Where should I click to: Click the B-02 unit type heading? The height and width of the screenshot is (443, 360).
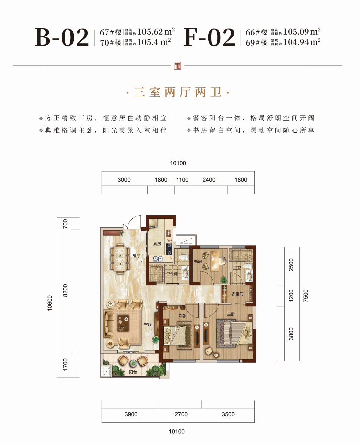coord(61,38)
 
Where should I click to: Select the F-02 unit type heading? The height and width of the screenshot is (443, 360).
coord(209,38)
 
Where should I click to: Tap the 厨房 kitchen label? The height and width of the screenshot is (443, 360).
coord(157,244)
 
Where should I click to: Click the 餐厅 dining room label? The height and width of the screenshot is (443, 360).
coord(136,256)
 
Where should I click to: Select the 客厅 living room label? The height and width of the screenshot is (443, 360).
coord(148,325)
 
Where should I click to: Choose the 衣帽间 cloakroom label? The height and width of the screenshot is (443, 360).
coord(237,294)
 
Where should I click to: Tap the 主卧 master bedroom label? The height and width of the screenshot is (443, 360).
coord(231,314)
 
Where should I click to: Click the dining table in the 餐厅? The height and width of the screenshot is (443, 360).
coord(120,258)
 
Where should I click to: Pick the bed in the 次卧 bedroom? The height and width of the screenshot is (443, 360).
coord(181,335)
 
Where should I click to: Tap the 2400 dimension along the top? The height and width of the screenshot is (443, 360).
coord(209,180)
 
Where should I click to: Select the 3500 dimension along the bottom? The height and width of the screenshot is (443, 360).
coord(228,414)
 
